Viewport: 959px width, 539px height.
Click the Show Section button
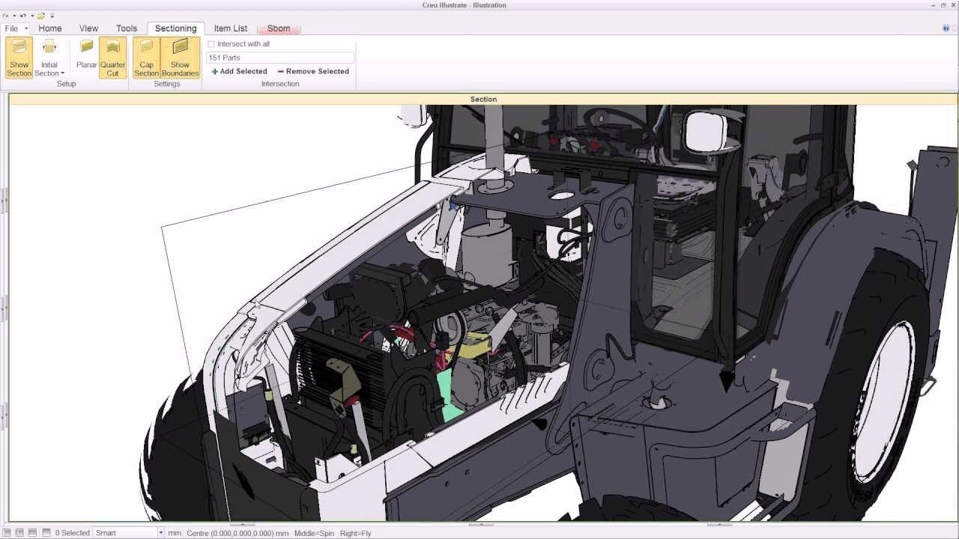[x=19, y=58]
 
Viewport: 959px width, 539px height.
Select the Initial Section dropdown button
[x=49, y=58]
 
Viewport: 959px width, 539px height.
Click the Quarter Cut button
[x=112, y=58]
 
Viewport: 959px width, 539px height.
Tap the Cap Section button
[x=146, y=58]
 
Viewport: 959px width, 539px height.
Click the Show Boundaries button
[x=180, y=58]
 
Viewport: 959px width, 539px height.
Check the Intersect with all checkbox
[x=211, y=44]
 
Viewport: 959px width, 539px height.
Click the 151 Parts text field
[x=280, y=58]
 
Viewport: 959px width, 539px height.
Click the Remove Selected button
[x=313, y=71]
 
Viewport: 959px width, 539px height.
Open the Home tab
[x=50, y=28]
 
